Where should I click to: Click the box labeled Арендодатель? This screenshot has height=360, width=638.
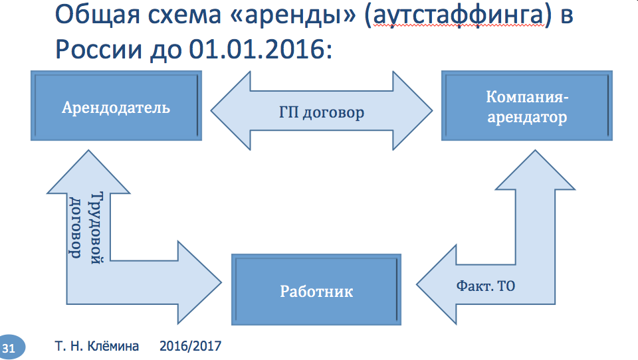click(x=116, y=107)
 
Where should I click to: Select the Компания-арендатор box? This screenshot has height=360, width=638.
click(x=527, y=107)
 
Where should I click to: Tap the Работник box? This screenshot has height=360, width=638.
click(x=316, y=290)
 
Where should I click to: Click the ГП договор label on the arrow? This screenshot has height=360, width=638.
click(x=322, y=112)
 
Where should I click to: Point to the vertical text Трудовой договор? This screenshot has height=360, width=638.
click(x=86, y=225)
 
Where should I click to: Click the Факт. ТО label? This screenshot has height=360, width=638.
click(x=486, y=286)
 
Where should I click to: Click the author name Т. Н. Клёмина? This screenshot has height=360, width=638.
click(x=96, y=346)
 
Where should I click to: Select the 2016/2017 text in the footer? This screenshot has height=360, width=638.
click(x=191, y=346)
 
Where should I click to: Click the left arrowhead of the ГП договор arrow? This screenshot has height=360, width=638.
click(x=229, y=112)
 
